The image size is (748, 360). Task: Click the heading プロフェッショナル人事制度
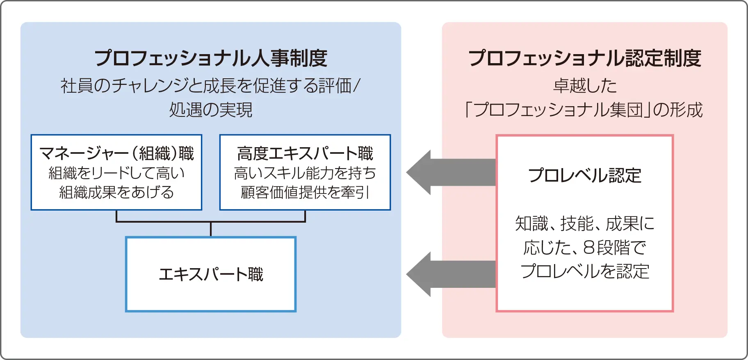211,58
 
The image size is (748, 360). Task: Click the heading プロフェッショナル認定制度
584,58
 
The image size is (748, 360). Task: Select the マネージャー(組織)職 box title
116,153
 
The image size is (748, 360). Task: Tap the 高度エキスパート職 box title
305,153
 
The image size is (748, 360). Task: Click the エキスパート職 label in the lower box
211,274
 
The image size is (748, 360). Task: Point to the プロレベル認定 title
584,175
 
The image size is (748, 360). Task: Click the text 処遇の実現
211,110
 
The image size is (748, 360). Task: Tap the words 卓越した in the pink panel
584,86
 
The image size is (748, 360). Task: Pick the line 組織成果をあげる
116,192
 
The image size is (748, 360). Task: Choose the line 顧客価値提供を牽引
305,192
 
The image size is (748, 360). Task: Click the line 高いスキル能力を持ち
305,173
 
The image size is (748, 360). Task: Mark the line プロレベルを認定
584,271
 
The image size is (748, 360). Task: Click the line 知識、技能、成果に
584,223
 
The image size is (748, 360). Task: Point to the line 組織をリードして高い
116,173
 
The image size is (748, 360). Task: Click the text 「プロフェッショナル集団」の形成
584,110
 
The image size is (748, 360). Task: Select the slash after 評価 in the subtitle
356,86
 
